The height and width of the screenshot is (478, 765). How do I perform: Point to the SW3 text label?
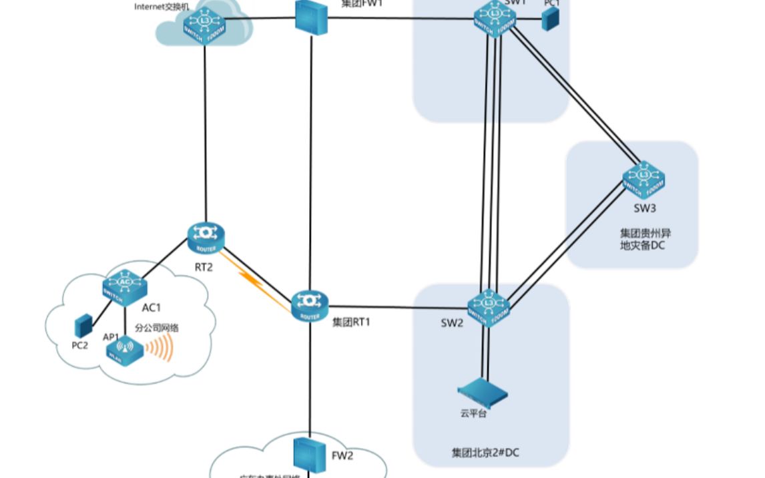(x=646, y=208)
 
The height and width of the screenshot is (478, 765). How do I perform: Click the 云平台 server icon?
(x=483, y=391)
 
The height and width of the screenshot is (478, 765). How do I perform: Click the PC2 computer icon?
(x=82, y=325)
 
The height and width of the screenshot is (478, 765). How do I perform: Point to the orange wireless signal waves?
(x=160, y=347)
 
